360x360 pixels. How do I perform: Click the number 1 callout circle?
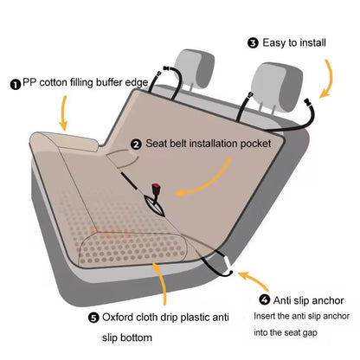pyautogui.click(x=16, y=84)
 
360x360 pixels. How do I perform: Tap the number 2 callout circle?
pyautogui.click(x=136, y=145)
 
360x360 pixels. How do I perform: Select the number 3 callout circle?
pyautogui.click(x=253, y=42)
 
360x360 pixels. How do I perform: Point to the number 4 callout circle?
pyautogui.click(x=264, y=299)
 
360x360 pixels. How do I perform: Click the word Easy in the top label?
pyautogui.click(x=276, y=42)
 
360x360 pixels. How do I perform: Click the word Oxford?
pyautogui.click(x=122, y=317)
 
